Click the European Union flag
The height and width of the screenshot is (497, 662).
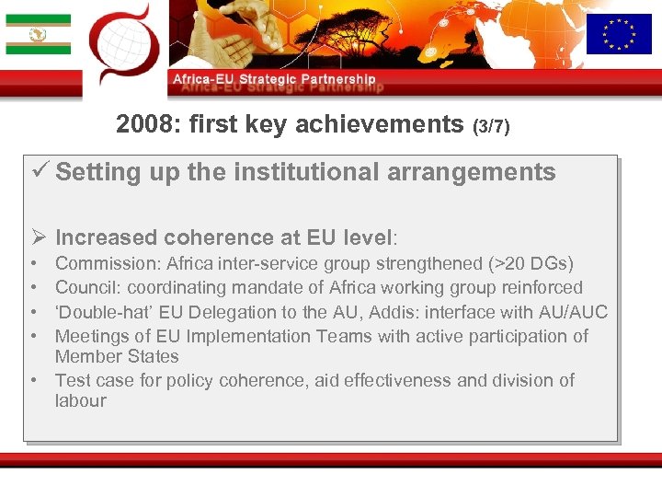[x=618, y=34]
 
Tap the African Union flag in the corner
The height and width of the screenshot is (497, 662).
[x=38, y=34]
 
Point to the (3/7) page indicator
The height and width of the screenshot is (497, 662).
[x=490, y=126]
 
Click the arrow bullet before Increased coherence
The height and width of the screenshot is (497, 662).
[x=40, y=238]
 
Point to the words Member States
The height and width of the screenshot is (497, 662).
[x=117, y=356]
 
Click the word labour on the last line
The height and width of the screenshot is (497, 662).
[x=80, y=400]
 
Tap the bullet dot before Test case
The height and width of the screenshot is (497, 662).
[x=32, y=380]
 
